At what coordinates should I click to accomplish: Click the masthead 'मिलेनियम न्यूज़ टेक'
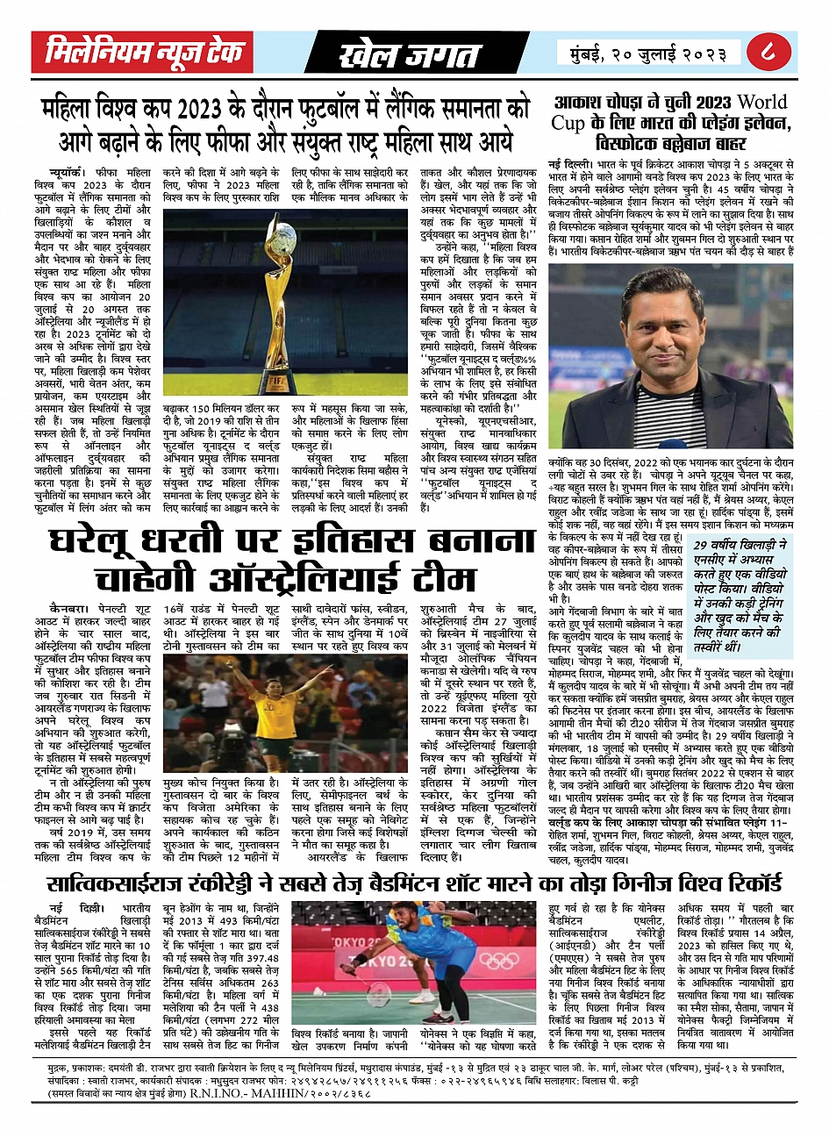144,53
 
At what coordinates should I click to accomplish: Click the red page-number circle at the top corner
773,53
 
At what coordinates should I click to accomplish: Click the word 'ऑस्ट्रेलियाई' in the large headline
299,578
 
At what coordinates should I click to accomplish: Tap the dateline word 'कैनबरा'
68,607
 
